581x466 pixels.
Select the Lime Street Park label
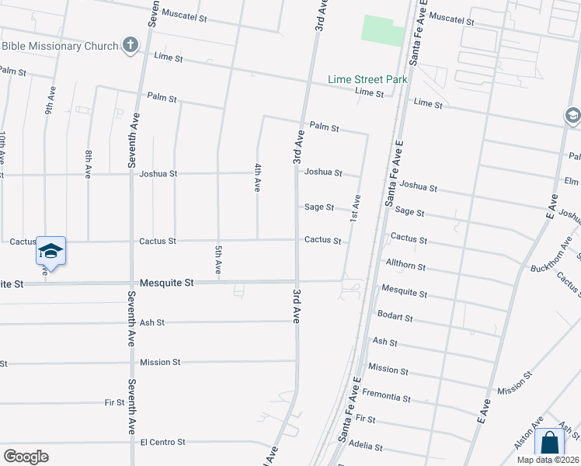tap(367, 79)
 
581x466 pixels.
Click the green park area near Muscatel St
tap(384, 30)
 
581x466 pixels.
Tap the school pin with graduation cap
tap(50, 251)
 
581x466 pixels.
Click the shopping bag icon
tap(549, 443)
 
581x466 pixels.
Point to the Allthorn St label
tap(405, 266)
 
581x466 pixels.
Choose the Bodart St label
tap(395, 317)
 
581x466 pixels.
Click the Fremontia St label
tap(386, 397)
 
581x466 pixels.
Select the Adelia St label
tap(367, 447)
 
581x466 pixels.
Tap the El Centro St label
tap(162, 442)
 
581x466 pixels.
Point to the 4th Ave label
tap(257, 177)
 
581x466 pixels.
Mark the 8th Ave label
tap(89, 165)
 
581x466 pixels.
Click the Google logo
tap(26, 456)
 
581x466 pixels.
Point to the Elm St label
tap(572, 181)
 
